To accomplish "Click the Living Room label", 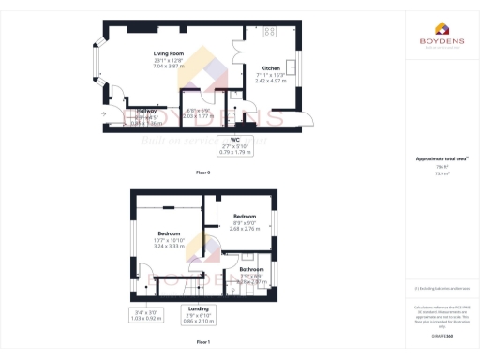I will pos(170,53).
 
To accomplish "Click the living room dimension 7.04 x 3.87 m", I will pos(170,67).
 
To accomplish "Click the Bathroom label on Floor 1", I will pos(251,269).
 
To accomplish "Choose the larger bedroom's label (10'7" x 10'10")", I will pos(169,232).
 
